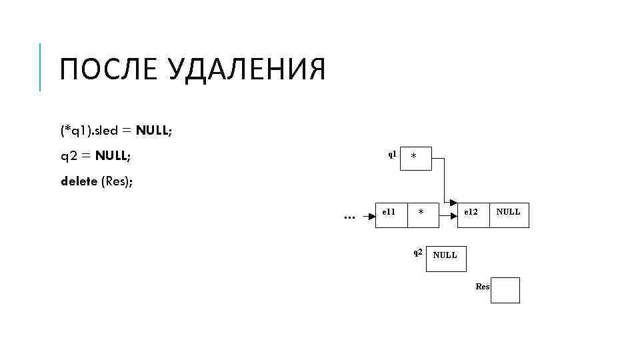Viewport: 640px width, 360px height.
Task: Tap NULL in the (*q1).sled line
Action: [x=153, y=131]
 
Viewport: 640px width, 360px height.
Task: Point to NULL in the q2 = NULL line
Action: [x=113, y=156]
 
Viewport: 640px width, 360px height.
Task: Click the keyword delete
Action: [x=79, y=181]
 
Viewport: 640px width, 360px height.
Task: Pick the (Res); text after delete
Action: [x=117, y=181]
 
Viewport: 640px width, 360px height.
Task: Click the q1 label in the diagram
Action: [x=392, y=154]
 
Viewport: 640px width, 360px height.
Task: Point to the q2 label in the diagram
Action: [x=417, y=252]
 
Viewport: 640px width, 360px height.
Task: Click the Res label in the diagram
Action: [x=483, y=287]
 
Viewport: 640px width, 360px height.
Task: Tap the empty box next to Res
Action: [x=505, y=290]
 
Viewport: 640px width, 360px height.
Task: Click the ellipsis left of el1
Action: [x=349, y=217]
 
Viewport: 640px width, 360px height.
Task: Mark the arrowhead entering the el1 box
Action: [x=372, y=216]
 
